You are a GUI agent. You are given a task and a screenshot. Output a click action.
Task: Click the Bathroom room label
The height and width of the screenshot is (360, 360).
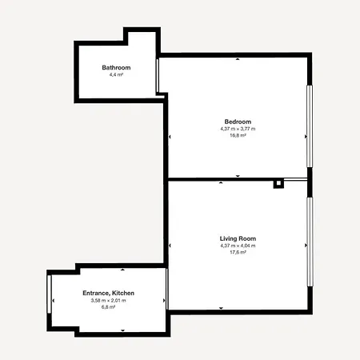pyautogui.click(x=116, y=67)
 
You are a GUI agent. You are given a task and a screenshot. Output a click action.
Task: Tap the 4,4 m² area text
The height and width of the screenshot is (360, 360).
pyautogui.click(x=116, y=74)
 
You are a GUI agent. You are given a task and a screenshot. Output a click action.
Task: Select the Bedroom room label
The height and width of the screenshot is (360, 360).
pyautogui.click(x=238, y=122)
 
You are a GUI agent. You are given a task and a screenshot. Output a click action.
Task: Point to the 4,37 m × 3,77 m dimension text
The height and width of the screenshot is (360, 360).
pyautogui.click(x=238, y=129)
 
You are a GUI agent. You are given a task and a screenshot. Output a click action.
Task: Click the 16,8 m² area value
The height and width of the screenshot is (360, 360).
pyautogui.click(x=238, y=135)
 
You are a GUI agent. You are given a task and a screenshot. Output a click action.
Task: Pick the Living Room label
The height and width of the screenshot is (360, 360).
pyautogui.click(x=238, y=238)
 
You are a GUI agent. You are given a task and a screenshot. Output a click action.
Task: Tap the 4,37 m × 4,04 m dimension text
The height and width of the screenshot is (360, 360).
pyautogui.click(x=238, y=246)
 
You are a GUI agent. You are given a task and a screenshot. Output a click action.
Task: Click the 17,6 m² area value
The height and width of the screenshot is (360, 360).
pyautogui.click(x=238, y=252)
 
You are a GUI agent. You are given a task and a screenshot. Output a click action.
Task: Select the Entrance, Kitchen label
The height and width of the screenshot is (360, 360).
pyautogui.click(x=108, y=293)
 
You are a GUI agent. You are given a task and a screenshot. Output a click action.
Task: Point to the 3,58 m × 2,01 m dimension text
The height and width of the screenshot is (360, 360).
pyautogui.click(x=108, y=300)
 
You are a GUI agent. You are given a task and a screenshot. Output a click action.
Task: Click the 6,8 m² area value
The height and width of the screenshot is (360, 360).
pyautogui.click(x=108, y=307)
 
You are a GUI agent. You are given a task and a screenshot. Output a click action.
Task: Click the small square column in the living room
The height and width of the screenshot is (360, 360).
pyautogui.click(x=278, y=184)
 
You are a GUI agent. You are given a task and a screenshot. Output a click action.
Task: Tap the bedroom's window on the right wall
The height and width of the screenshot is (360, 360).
pyautogui.click(x=310, y=126)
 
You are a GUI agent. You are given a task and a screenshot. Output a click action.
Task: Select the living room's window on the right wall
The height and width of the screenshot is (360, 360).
pyautogui.click(x=310, y=242)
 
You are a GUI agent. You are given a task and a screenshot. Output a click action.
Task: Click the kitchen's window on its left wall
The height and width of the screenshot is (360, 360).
pyautogui.click(x=49, y=294)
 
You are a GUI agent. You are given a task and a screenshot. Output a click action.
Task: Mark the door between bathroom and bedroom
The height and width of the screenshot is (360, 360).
pyautogui.click(x=158, y=76)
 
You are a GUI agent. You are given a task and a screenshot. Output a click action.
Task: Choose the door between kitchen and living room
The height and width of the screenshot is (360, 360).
pyautogui.click(x=167, y=289)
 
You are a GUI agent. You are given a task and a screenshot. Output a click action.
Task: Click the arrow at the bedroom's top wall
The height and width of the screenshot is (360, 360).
pyautogui.click(x=238, y=59)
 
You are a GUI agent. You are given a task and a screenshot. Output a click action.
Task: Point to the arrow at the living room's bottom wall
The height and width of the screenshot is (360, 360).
pyautogui.click(x=221, y=308)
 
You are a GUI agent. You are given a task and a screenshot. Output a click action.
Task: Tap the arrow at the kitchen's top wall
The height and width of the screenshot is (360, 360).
pyautogui.click(x=122, y=270)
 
